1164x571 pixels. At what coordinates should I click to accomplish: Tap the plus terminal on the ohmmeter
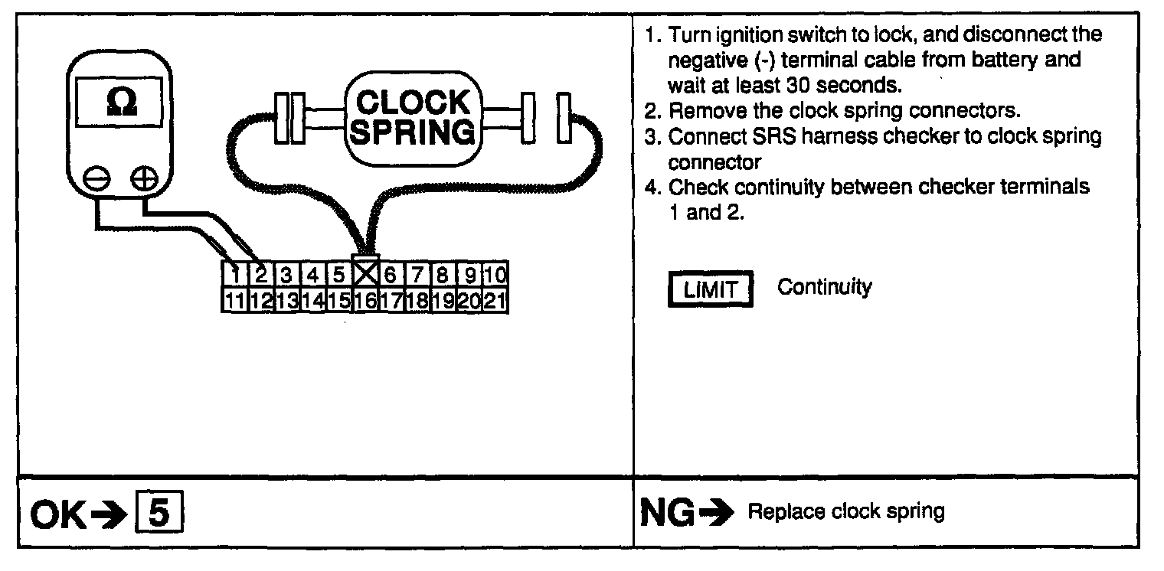[143, 181]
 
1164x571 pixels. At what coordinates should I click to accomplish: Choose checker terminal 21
[495, 299]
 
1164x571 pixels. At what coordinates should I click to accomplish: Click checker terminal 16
[365, 299]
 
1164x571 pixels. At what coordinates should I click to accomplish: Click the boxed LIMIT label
[711, 291]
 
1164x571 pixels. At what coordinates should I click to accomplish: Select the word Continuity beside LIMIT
[824, 288]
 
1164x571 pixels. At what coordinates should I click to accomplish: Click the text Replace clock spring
[845, 511]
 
